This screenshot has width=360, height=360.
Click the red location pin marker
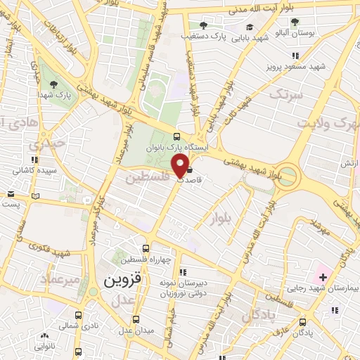tap(181, 167)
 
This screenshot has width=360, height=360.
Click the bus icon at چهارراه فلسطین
tap(146, 248)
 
